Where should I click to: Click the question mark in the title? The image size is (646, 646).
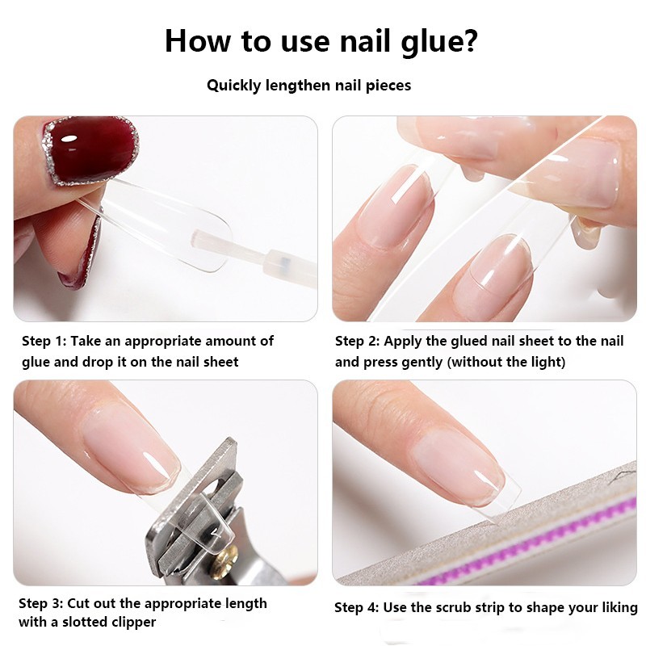469,40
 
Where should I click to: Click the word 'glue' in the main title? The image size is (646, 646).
429,44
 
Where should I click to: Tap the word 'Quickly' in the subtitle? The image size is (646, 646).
233,86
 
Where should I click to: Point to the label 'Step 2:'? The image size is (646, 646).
357,341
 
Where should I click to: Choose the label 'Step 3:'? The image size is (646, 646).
41,603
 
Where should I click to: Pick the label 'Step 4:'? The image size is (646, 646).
356,608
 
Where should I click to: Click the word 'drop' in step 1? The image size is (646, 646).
97,362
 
